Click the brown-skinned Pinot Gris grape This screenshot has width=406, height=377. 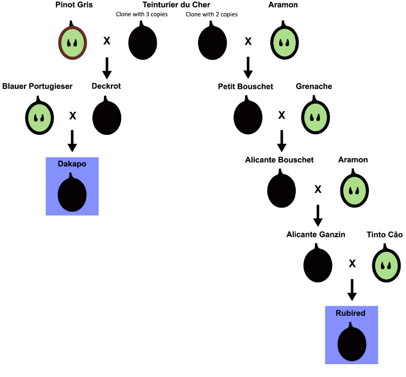coord(72,43)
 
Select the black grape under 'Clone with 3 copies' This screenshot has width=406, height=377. coord(143,43)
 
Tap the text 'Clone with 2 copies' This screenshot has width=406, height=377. coord(212,14)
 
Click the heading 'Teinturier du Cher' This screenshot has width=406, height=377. coord(176,5)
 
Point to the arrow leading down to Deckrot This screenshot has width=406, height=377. coord(107,68)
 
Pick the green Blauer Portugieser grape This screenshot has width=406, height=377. coord(39,117)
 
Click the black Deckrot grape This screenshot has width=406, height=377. coord(107,117)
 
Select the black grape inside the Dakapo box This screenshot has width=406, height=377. coord(72,194)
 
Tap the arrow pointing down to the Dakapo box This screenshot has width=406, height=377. coord(72,141)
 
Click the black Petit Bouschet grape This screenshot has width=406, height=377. coord(248,117)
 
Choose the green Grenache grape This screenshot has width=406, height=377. coord(315,117)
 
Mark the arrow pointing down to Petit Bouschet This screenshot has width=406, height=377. coord(248,68)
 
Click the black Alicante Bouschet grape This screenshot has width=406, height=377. coord(281,190)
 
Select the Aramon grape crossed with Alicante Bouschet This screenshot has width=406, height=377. coord(354,190)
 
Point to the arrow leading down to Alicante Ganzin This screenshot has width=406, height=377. coord(318,216)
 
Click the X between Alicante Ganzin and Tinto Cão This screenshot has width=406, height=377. coord(352,264)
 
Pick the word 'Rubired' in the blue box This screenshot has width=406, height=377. coord(351,313)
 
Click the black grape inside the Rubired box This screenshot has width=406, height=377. coord(352,343)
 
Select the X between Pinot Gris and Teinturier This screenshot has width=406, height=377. coord(107,40)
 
